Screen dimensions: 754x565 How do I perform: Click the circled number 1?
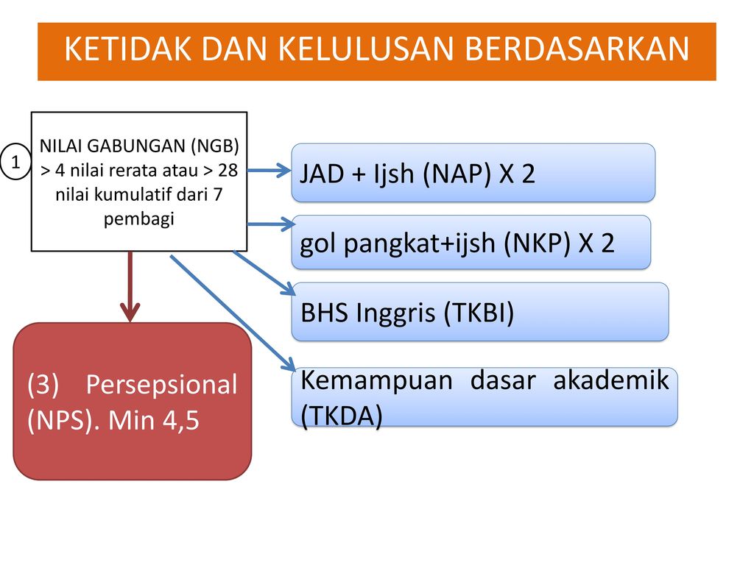[15, 162]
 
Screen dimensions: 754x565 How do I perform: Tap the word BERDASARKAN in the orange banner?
[577, 49]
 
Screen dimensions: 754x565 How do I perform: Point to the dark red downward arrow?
[130, 286]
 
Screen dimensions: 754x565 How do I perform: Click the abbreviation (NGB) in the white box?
[214, 146]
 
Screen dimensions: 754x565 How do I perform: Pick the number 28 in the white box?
[228, 170]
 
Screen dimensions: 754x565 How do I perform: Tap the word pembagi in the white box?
[139, 219]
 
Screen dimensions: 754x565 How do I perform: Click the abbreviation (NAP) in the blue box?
[457, 174]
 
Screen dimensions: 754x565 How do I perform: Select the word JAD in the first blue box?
[322, 174]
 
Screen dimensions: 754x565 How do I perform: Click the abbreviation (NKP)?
[537, 243]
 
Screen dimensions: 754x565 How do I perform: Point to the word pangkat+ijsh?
[419, 244]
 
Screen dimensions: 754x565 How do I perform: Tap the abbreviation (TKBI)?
[479, 313]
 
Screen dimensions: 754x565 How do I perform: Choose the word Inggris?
[395, 313]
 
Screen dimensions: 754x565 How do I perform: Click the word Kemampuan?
[376, 380]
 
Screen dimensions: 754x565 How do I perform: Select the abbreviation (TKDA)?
[342, 416]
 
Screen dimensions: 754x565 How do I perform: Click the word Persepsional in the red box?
[161, 385]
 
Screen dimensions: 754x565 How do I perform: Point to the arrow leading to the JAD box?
[269, 170]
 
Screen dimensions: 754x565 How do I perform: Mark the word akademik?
[611, 380]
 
